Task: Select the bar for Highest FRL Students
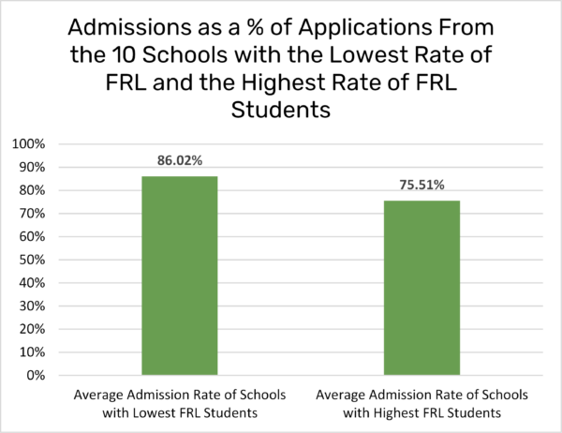pyautogui.click(x=421, y=288)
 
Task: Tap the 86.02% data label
pyautogui.click(x=179, y=161)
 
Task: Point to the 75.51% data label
pyautogui.click(x=421, y=186)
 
